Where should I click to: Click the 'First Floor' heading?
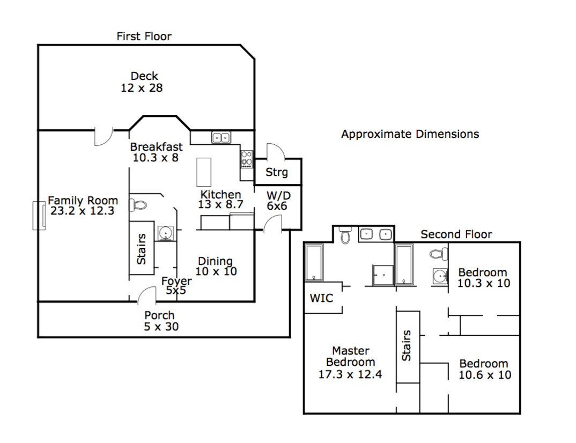pos(144,36)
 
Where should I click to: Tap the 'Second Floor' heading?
pos(456,234)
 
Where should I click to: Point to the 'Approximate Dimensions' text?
pos(410,134)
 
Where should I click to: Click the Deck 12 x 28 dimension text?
pos(142,88)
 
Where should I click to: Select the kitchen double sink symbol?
pos(221,137)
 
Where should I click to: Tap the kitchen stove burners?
pos(247,159)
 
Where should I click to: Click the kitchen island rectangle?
pos(204,172)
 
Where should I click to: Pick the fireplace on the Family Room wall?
pos(39,216)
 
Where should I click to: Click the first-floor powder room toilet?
pos(138,205)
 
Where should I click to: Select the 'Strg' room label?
pos(277,172)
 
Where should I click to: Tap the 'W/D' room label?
pos(278,195)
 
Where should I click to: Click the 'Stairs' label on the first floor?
pos(142,249)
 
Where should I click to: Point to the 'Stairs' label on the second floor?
pos(407,345)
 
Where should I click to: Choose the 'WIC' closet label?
pos(321,298)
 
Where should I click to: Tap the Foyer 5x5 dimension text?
pos(176,290)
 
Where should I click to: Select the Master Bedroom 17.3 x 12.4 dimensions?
pos(350,374)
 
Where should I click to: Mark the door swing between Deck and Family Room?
pos(104,136)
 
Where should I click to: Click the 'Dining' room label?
pos(215,261)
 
